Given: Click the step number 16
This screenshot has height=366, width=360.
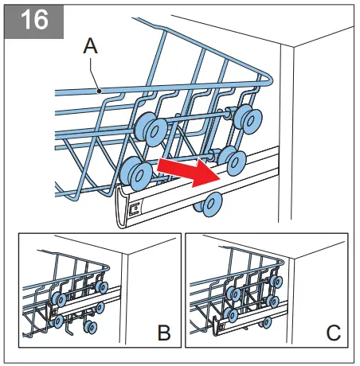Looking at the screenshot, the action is coord(34,20).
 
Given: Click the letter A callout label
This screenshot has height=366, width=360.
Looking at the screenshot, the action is coord(91,45).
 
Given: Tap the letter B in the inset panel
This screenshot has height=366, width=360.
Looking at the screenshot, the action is coord(164,333).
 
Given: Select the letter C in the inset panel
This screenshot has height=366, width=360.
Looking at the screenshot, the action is coord(334,333).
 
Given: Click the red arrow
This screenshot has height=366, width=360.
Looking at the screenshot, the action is coord(189,172).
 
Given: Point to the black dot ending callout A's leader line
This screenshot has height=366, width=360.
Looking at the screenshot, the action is coord(99,91).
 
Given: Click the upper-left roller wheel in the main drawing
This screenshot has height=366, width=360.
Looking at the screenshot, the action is coord(151,129).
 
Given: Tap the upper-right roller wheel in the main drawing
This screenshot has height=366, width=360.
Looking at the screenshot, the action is coord(248,119).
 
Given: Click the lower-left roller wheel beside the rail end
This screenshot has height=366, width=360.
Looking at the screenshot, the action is coord(136,173).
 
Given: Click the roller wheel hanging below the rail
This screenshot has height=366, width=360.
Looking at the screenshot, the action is coord(209,204).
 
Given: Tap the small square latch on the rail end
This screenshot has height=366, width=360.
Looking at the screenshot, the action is coord(135,208).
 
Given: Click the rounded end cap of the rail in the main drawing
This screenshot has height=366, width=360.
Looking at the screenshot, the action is coord(123,207).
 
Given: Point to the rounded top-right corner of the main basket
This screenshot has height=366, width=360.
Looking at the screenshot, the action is coord(270,78).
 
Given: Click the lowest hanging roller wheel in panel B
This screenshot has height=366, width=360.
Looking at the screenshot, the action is coord(90,327).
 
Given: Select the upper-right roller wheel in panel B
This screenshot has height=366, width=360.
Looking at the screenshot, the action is coord(102,287).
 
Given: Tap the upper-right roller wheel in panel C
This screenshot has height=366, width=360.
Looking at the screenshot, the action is coord(276,282).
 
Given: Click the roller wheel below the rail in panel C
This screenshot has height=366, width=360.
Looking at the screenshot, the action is coord(266,322).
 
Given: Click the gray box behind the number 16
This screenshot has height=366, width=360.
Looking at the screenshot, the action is coord(34,21).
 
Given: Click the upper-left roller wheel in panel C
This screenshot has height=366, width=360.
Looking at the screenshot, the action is coord(233,293).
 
